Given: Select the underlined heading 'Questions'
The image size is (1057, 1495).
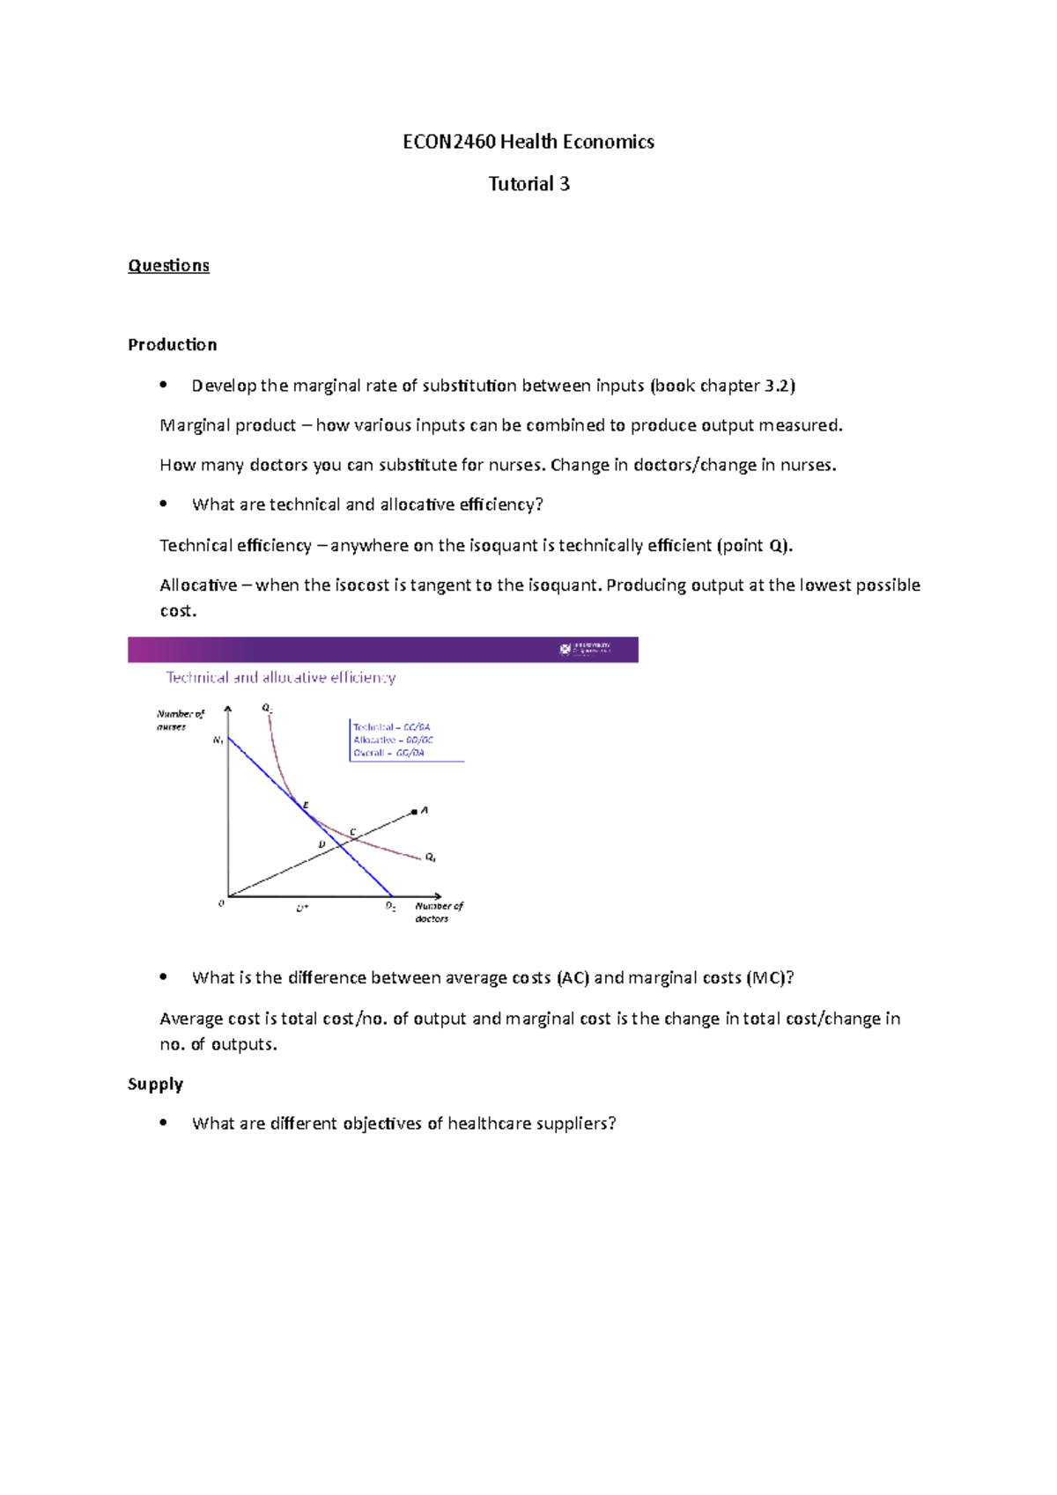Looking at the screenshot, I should (x=168, y=266).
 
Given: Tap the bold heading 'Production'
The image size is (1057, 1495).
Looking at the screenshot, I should (x=172, y=344).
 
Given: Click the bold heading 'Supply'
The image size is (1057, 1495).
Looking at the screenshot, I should (x=155, y=1084).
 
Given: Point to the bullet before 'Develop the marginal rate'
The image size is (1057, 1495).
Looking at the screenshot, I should (x=163, y=385).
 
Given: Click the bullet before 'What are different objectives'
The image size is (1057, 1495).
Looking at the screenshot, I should (x=163, y=1123).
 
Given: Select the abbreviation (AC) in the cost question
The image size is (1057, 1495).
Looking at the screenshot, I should (x=573, y=977).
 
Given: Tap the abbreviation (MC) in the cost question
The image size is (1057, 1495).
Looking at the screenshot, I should (x=766, y=977).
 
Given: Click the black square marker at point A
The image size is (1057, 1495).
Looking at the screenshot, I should (x=415, y=811).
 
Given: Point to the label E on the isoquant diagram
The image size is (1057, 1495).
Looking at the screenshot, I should (x=307, y=805).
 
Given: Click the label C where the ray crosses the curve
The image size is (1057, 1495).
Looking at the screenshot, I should (x=353, y=831).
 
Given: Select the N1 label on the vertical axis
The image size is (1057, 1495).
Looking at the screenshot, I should (x=218, y=741).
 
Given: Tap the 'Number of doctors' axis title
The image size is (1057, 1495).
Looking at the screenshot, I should (x=438, y=911).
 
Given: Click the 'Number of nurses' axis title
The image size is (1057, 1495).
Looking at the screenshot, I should (x=180, y=719).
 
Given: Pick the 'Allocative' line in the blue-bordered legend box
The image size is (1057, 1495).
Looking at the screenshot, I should (x=393, y=740).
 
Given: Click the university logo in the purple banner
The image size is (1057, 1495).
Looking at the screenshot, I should (x=586, y=650).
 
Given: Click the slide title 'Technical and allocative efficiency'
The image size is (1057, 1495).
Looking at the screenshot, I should (x=281, y=677).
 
